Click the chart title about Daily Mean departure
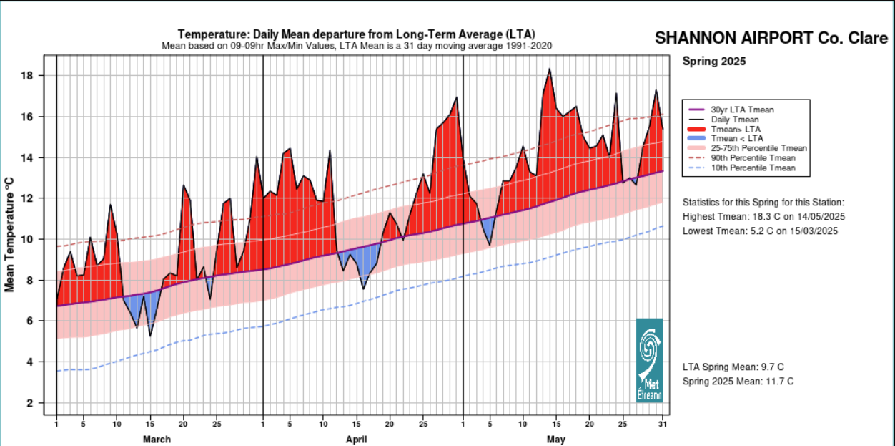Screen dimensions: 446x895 356,34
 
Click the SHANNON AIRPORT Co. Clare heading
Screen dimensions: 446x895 771,39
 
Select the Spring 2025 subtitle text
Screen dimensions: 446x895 713,62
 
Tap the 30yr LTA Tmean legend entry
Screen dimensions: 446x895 742,110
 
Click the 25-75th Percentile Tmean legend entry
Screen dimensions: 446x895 758,148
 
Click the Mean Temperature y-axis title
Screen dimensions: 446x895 10,235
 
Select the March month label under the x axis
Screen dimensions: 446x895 157,439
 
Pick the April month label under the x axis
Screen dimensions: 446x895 356,439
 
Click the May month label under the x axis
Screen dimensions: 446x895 555,439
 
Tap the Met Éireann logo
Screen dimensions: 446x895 649,360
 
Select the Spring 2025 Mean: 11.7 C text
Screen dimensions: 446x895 738,382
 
